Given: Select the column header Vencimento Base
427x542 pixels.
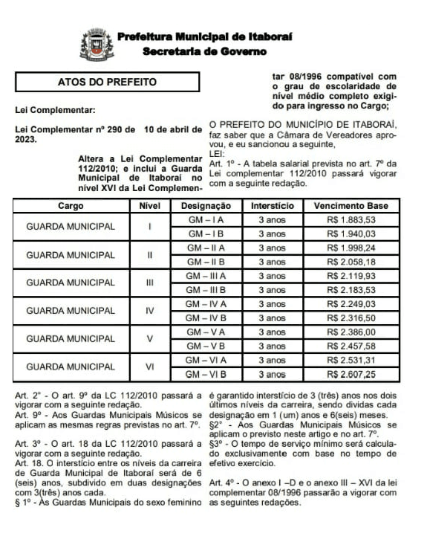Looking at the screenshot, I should tap(351, 205).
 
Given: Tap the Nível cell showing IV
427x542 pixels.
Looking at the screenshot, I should tap(150, 311).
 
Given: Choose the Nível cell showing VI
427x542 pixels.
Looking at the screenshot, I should tap(150, 367).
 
